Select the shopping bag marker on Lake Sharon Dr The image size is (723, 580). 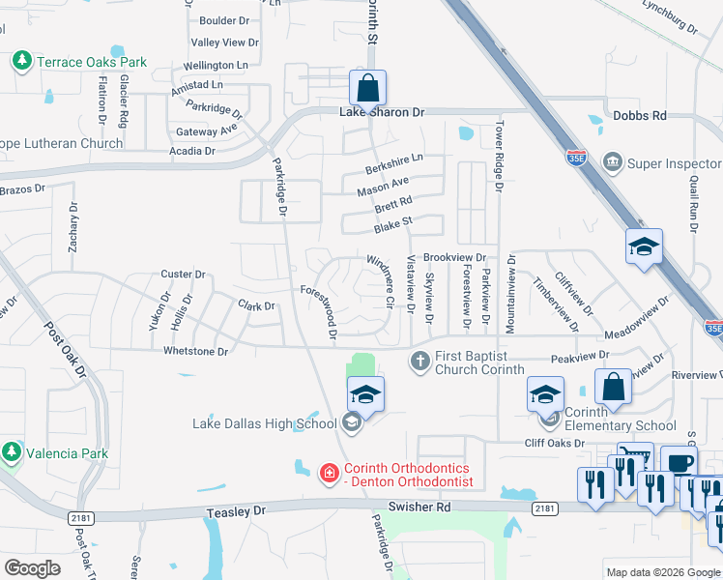pos(367,89)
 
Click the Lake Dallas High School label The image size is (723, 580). pos(264,422)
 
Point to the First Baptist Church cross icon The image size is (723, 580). pos(419,362)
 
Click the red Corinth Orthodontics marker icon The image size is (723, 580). pos(329,472)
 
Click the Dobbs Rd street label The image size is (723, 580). pos(640,115)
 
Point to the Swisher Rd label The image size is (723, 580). pos(419,507)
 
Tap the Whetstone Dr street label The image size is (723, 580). pos(195,351)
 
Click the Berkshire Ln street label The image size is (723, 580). pos(394,163)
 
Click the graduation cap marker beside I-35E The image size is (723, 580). pos(644,247)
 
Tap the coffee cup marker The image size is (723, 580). pos(679,463)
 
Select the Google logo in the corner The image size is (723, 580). pos(33,567)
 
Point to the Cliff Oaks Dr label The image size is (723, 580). pos(555,443)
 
